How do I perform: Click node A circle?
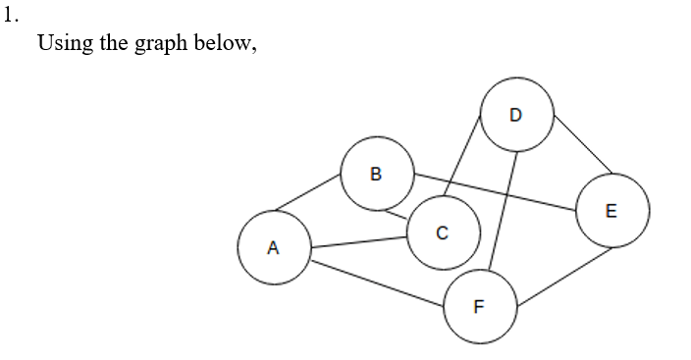pos(274,247)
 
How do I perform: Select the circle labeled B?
pos(377,175)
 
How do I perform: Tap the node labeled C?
pos(443,233)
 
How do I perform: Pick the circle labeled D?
pos(517,114)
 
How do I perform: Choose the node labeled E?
pos(612,210)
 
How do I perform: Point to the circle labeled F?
pos(480,306)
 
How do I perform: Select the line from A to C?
pos(359,241)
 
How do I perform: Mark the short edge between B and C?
pos(395,211)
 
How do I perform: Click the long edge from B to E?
pos(495,192)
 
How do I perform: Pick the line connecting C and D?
pos(465,153)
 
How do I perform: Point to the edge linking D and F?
pos(502,210)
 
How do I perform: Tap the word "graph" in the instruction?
pos(158,47)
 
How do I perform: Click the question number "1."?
pos(10,16)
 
